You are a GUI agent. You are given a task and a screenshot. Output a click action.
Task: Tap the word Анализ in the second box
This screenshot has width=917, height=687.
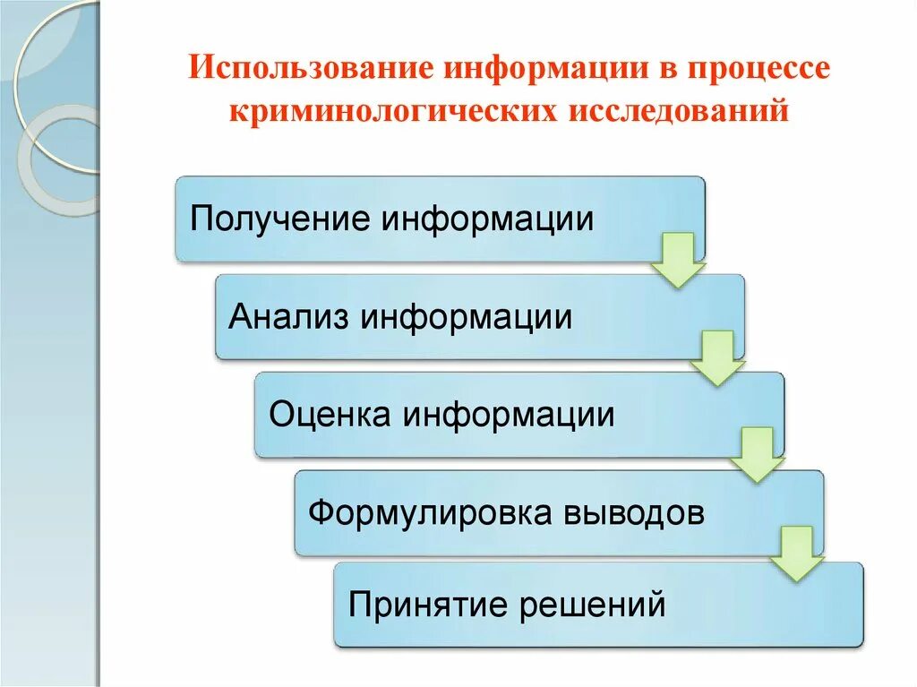[288, 317]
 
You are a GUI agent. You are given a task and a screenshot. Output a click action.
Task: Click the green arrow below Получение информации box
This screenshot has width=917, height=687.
[678, 260]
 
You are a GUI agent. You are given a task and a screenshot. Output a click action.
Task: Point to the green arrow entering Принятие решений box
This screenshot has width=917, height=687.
[796, 553]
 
